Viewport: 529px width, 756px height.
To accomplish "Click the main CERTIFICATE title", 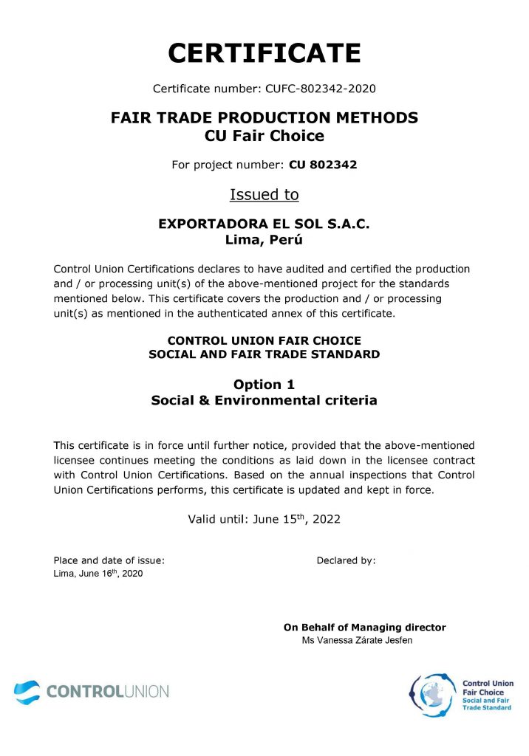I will coord(264,53).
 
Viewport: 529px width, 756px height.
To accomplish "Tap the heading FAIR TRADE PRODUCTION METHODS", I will coord(264,117).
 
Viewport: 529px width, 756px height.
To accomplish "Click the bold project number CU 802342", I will coord(323,165).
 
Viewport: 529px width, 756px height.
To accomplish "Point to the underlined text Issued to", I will coord(264,195).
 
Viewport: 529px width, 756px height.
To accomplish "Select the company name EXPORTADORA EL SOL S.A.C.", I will coord(264,224).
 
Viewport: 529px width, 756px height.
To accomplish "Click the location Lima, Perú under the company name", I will coord(264,239).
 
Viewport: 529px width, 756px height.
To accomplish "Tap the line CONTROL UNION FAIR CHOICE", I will coord(264,341).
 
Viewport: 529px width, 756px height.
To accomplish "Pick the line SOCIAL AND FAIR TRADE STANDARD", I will coord(264,354).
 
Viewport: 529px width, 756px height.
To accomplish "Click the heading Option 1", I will coord(264,385).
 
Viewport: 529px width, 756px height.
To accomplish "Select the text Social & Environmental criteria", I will coord(264,401).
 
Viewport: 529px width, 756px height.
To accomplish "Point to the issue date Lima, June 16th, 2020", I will coord(98,574).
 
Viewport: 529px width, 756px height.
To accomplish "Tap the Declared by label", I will coord(346,560).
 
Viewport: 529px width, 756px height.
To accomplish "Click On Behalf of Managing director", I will coord(364,628).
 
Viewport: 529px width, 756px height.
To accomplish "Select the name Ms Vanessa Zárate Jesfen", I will coord(357,641).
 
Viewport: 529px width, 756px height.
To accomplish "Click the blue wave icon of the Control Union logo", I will coord(27,692).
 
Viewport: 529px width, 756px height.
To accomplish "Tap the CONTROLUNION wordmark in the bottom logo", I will coord(107,692).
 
